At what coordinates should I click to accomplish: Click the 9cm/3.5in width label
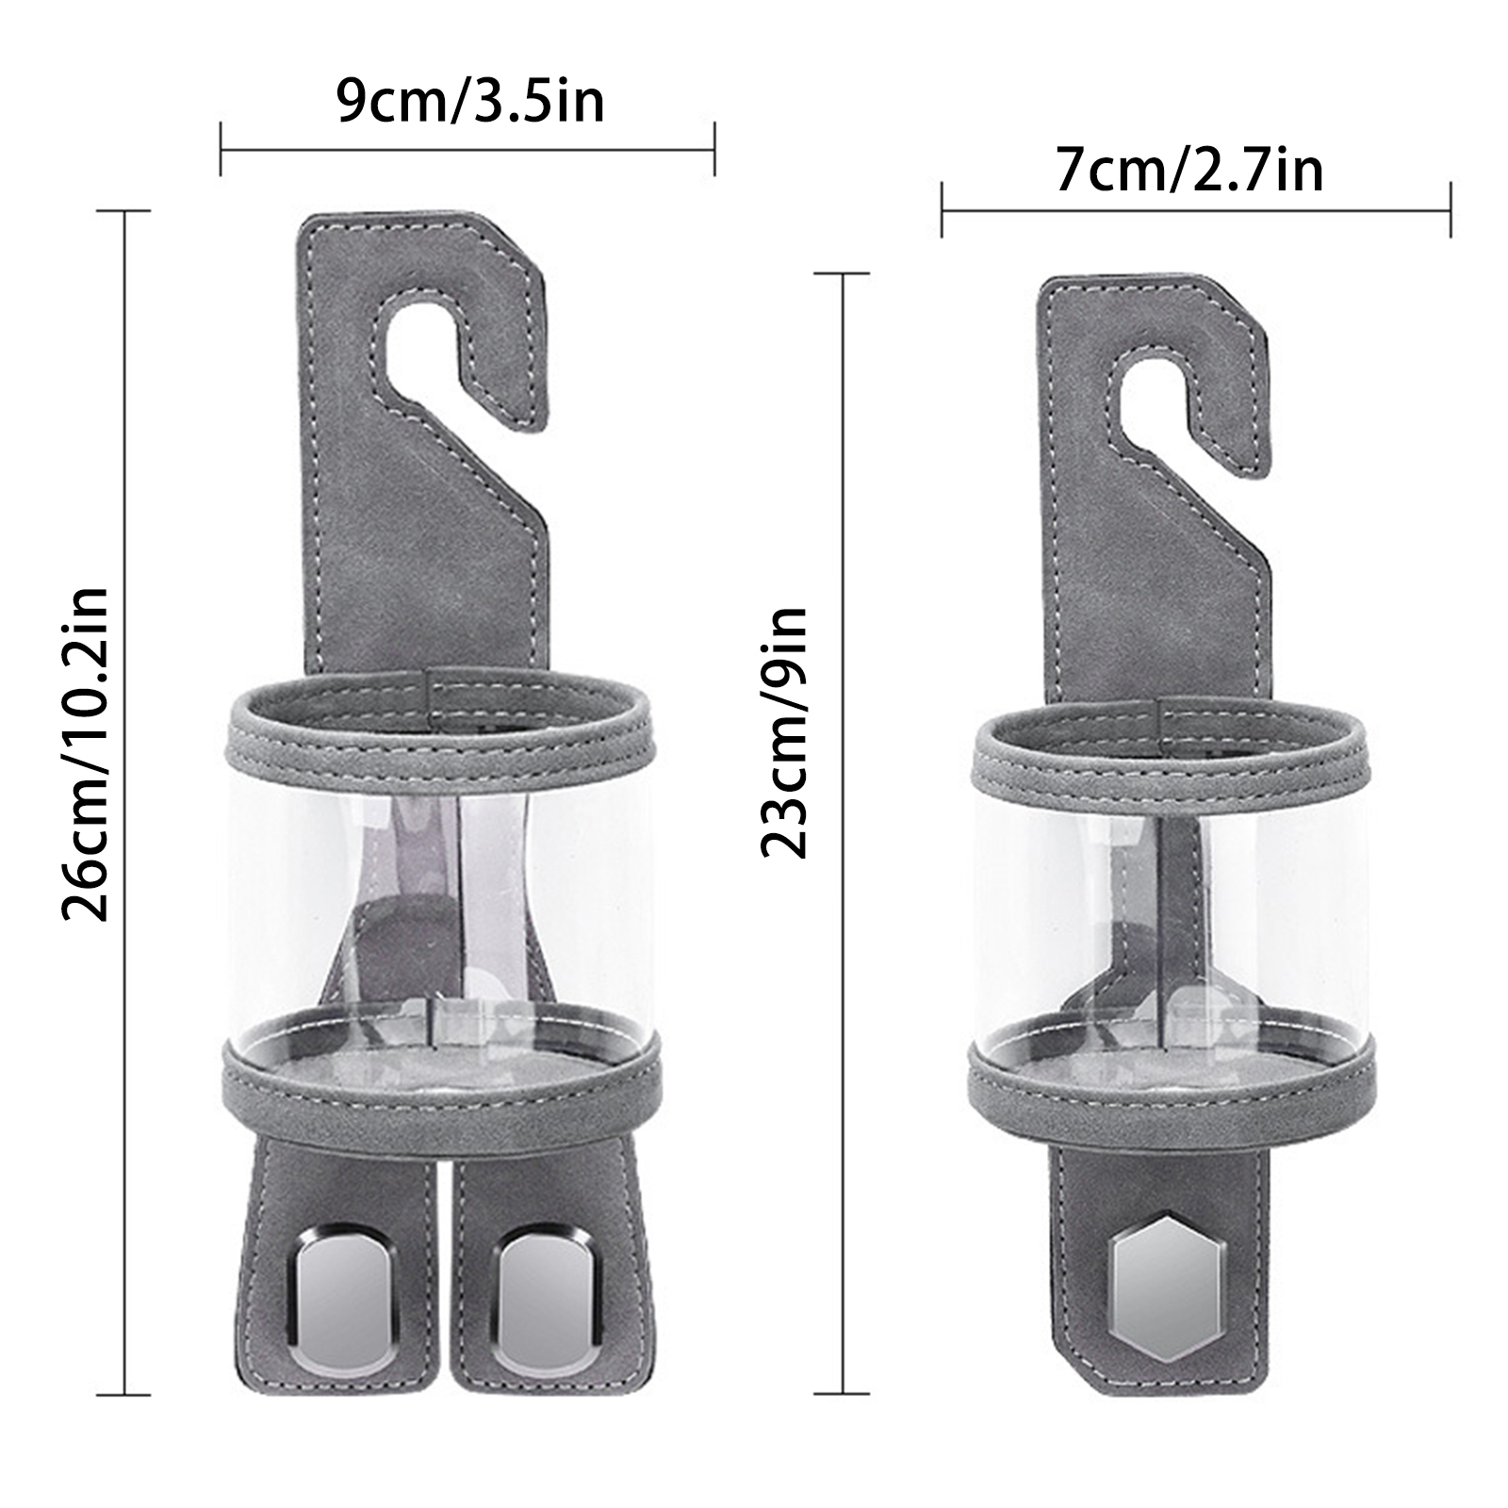(470, 102)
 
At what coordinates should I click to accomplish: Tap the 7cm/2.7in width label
(1189, 171)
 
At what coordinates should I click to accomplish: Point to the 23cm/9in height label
(783, 731)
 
